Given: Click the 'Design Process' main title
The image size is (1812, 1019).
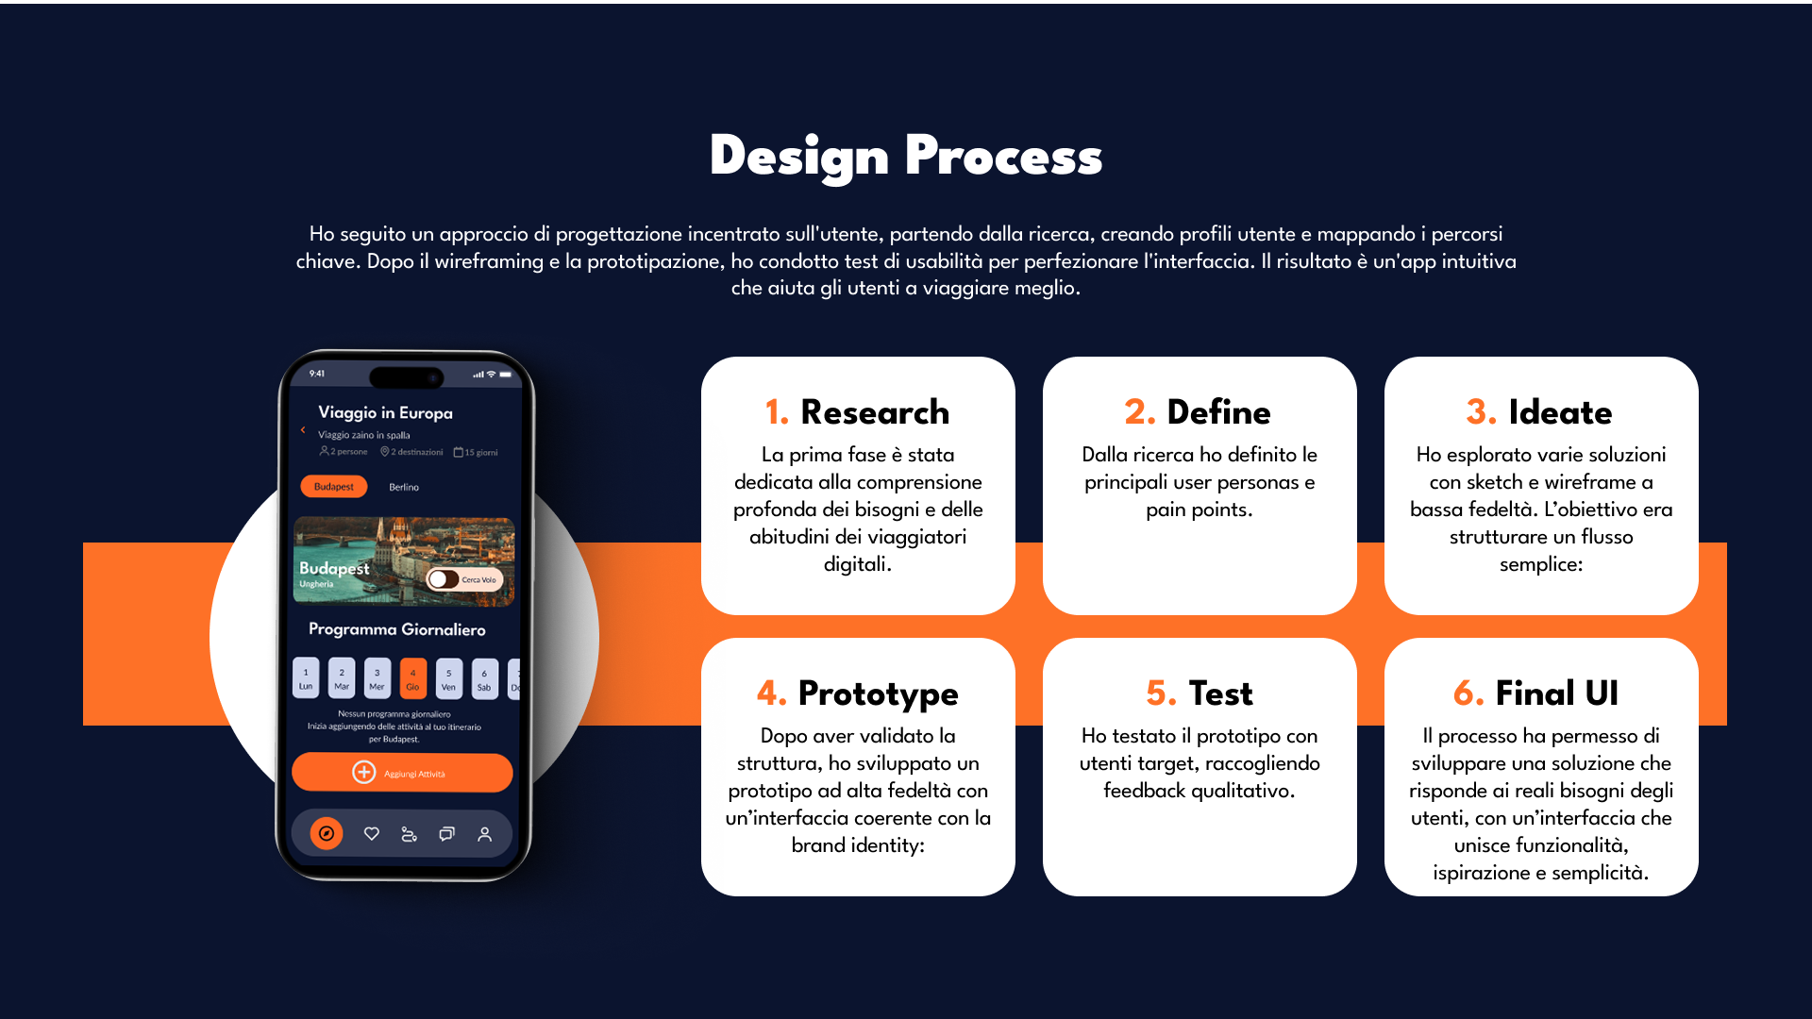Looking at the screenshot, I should click(x=906, y=157).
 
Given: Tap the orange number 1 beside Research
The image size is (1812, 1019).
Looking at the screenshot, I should click(x=776, y=412).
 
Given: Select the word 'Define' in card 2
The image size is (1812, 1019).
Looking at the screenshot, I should click(x=1218, y=412).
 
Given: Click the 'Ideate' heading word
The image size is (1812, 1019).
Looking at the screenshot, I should click(x=1560, y=412).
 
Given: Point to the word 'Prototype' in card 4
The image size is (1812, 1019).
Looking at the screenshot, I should click(x=878, y=693).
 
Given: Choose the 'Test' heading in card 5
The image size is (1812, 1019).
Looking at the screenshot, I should click(x=1220, y=693).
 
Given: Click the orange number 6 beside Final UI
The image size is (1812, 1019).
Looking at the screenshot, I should click(x=1468, y=693).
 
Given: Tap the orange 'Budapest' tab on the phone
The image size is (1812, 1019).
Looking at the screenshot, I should click(x=334, y=487).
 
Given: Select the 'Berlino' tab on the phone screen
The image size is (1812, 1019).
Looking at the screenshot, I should click(x=404, y=487).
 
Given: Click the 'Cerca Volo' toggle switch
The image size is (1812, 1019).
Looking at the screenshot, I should click(x=443, y=579).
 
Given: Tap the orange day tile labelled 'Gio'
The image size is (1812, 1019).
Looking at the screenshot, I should click(x=412, y=678).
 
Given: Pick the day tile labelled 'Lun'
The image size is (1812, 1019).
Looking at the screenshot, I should click(x=306, y=678).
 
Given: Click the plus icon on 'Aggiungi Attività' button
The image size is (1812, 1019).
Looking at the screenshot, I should click(x=363, y=773).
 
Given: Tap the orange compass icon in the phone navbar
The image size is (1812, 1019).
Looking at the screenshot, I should click(x=327, y=833).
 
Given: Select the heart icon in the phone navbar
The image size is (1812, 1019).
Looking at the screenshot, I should click(x=372, y=833).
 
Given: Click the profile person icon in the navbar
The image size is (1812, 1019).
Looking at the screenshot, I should click(x=484, y=834).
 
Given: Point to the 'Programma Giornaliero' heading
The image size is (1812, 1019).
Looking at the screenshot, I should click(x=396, y=629).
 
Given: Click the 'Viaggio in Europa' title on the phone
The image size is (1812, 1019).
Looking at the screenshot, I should click(x=385, y=412).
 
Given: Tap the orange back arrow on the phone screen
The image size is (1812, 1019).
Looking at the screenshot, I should click(x=303, y=429).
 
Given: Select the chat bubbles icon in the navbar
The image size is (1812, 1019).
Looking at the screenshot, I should click(x=446, y=834).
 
